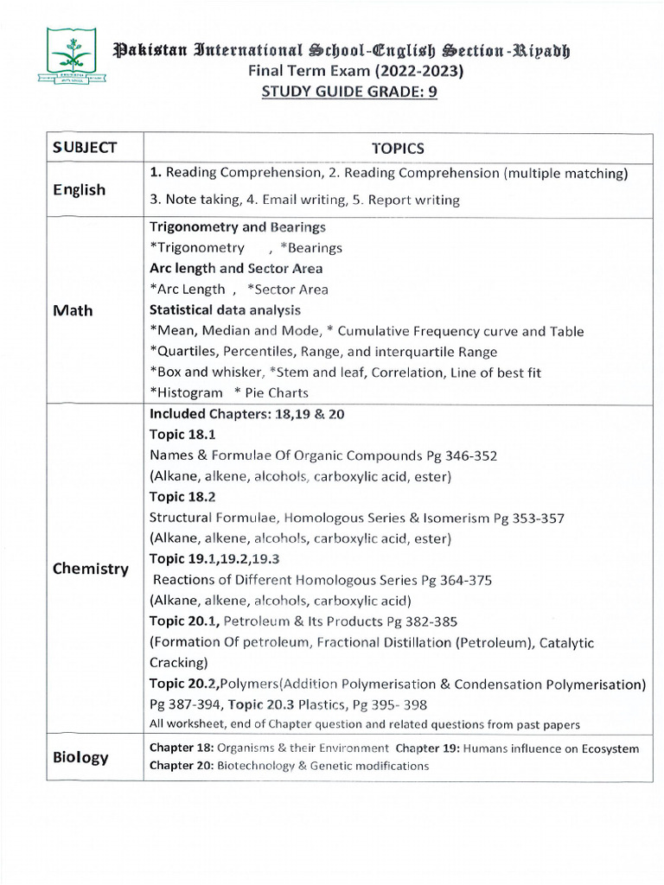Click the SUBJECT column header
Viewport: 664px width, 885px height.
[84, 148]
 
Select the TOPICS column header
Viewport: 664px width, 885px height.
[398, 148]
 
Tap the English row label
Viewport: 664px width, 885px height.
[79, 189]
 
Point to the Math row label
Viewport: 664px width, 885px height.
[73, 309]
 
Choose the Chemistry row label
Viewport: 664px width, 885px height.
[91, 569]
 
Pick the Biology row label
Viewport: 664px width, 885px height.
[80, 757]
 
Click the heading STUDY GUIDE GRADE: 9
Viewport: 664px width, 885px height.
[349, 92]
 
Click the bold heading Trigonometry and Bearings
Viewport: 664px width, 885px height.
[238, 227]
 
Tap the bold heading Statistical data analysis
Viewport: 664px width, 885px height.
[227, 309]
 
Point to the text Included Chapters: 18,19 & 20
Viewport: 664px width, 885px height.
[247, 413]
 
